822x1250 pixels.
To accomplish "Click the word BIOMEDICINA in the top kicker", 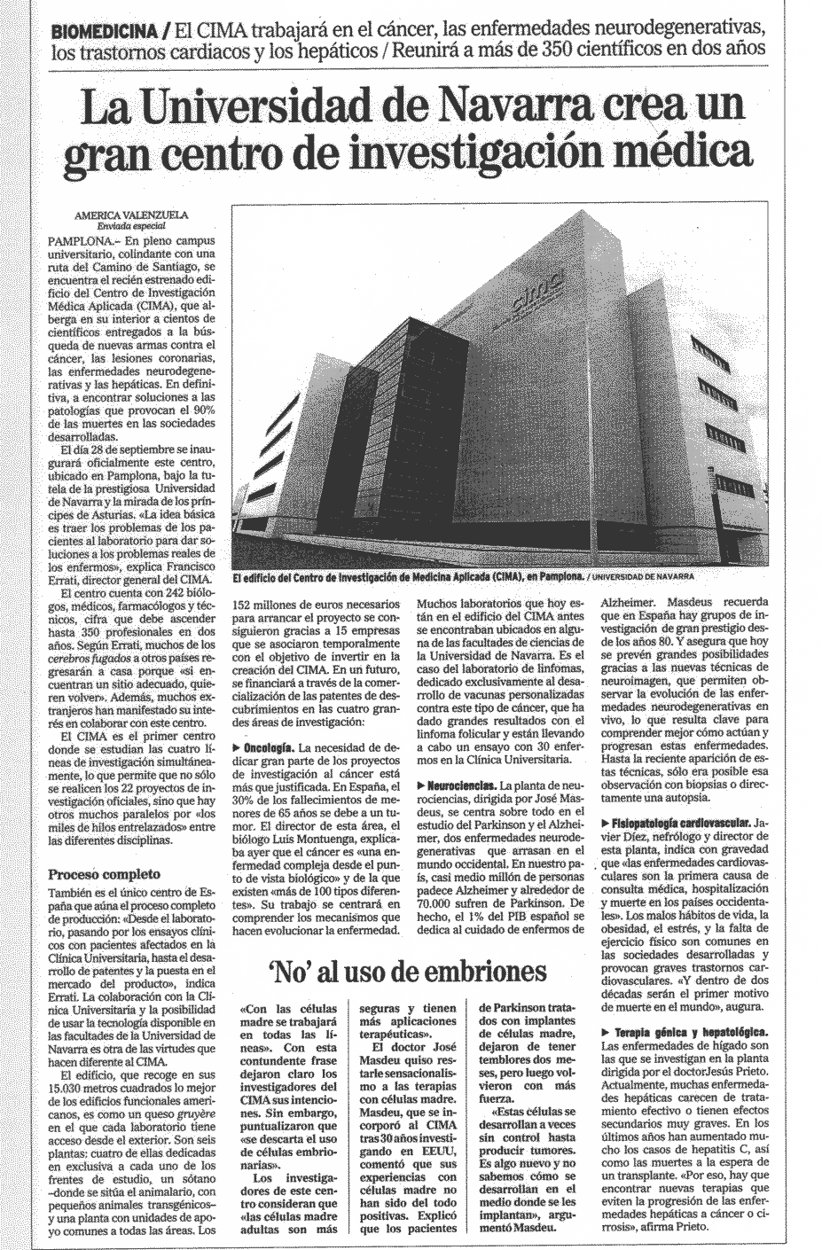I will (x=105, y=31).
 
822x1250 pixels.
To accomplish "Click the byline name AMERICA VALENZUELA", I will (x=132, y=215).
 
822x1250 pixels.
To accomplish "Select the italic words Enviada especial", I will (x=132, y=226).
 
